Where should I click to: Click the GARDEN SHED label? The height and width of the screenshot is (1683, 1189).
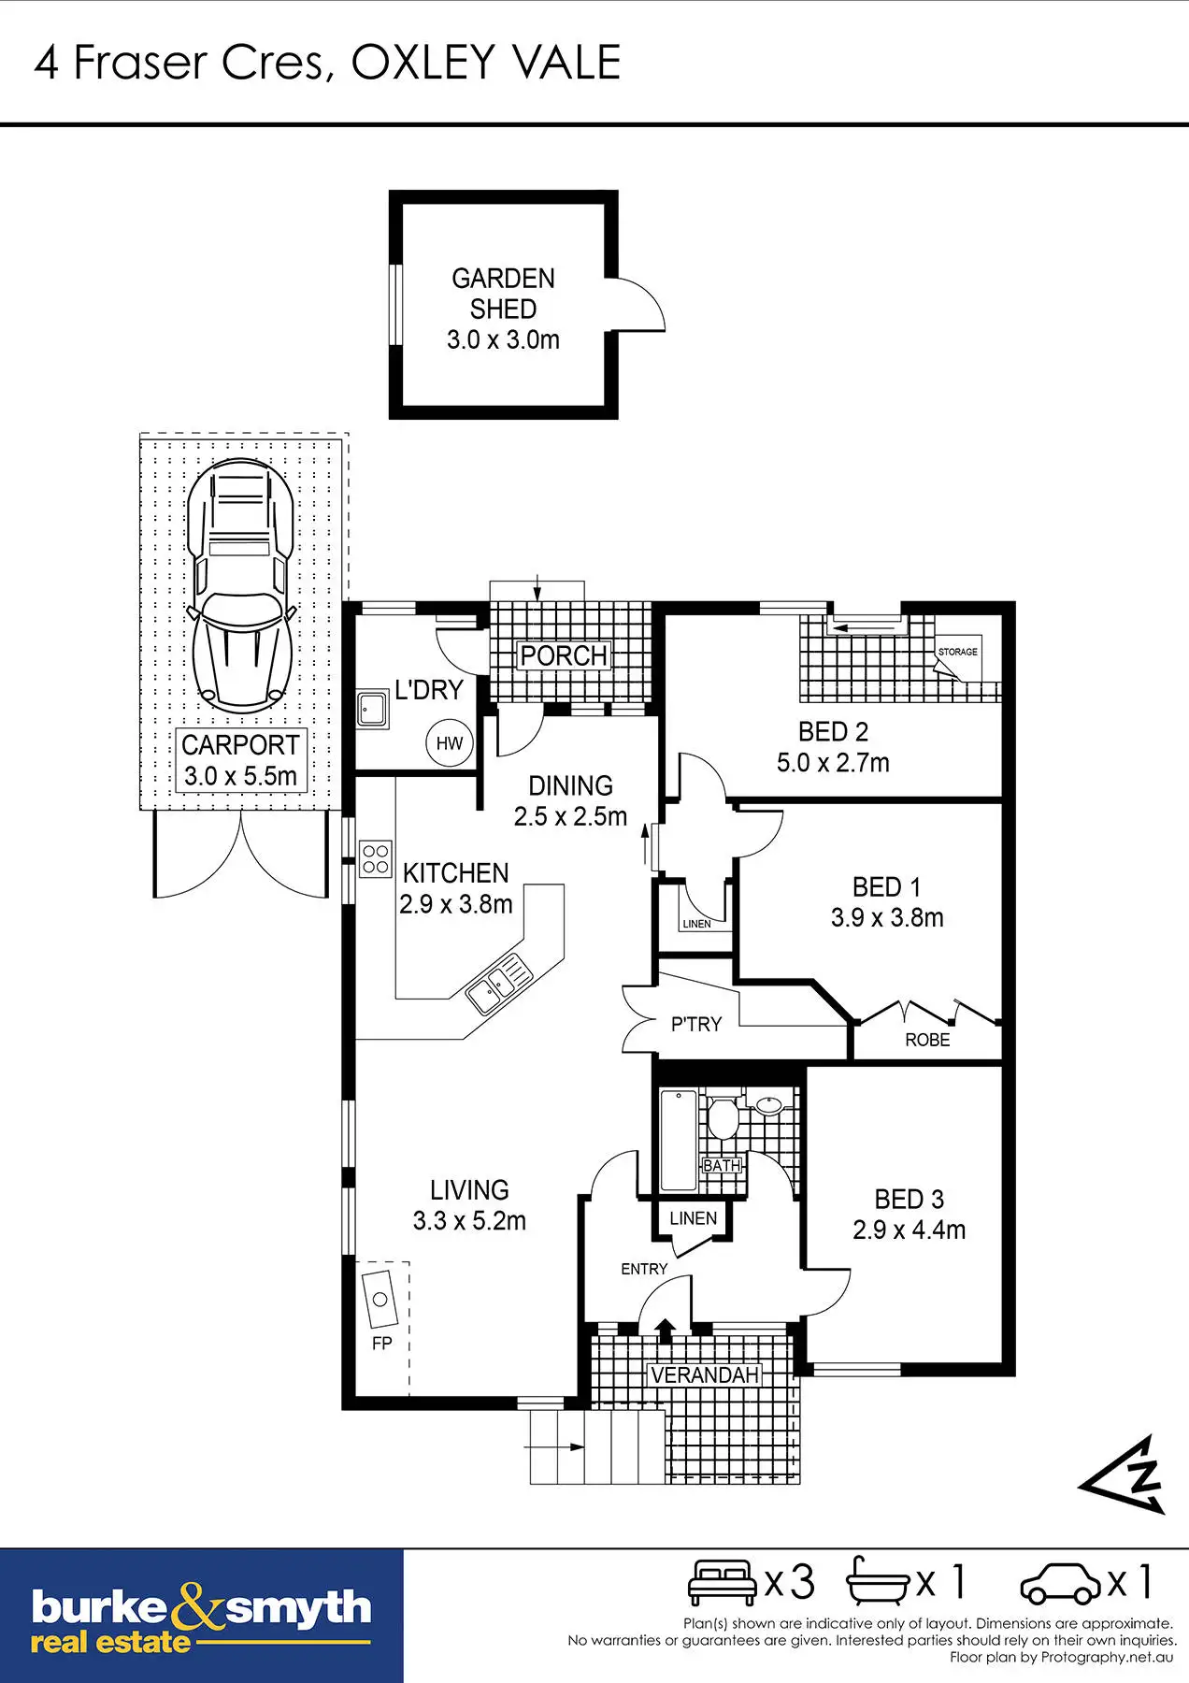click(503, 294)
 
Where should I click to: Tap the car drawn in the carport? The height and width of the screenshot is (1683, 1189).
click(240, 583)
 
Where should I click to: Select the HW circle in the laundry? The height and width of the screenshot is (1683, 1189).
click(450, 743)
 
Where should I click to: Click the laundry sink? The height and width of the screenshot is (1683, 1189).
click(373, 709)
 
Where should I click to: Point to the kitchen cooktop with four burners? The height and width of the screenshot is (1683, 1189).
click(376, 858)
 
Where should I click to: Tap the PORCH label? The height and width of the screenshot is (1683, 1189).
click(564, 655)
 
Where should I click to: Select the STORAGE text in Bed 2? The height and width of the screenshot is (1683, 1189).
click(957, 652)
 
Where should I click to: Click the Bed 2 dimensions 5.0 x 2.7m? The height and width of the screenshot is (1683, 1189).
click(833, 763)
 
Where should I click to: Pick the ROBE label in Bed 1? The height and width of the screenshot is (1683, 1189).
click(927, 1040)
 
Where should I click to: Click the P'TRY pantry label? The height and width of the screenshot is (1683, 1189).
click(696, 1025)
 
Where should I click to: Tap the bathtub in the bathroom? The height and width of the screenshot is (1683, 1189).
click(679, 1140)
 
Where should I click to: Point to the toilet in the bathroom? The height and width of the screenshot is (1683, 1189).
click(722, 1117)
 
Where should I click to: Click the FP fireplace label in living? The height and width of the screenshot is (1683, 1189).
click(381, 1343)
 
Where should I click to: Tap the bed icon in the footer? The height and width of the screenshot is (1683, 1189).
click(722, 1582)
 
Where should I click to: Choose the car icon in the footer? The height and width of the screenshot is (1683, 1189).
click(1061, 1583)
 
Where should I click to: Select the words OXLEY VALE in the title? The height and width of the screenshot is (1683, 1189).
click(485, 63)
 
